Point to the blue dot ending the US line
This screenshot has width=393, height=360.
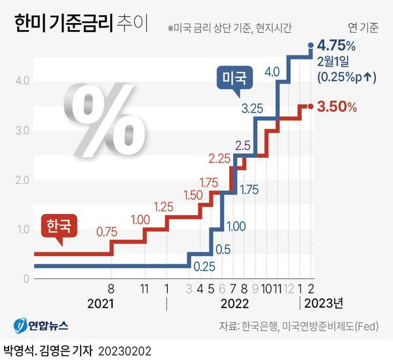310,45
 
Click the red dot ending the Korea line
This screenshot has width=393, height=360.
310,106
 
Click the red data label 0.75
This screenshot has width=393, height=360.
107,231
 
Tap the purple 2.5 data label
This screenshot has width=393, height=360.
243,145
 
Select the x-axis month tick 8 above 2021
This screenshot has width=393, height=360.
111,288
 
